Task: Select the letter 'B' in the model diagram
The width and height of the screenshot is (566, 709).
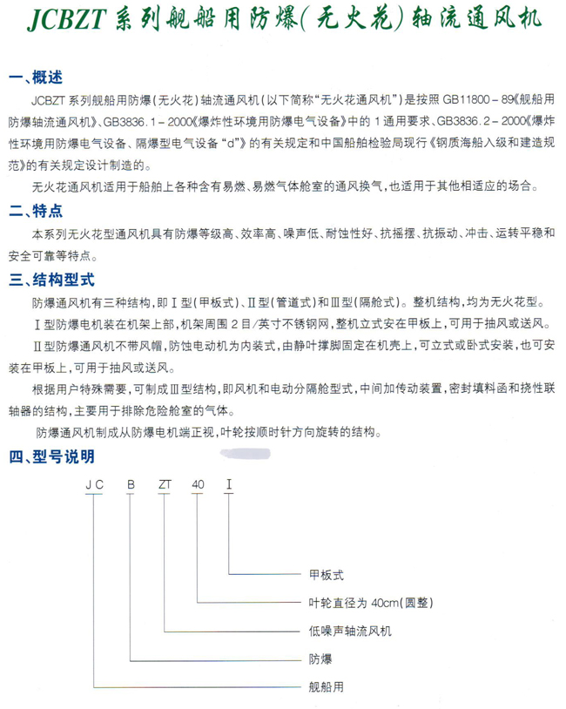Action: tap(131, 484)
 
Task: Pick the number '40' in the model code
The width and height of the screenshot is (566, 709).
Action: tap(199, 484)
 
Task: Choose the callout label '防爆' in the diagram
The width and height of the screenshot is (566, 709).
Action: tap(320, 658)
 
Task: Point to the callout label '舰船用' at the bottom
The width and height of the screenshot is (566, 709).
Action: tap(327, 685)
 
